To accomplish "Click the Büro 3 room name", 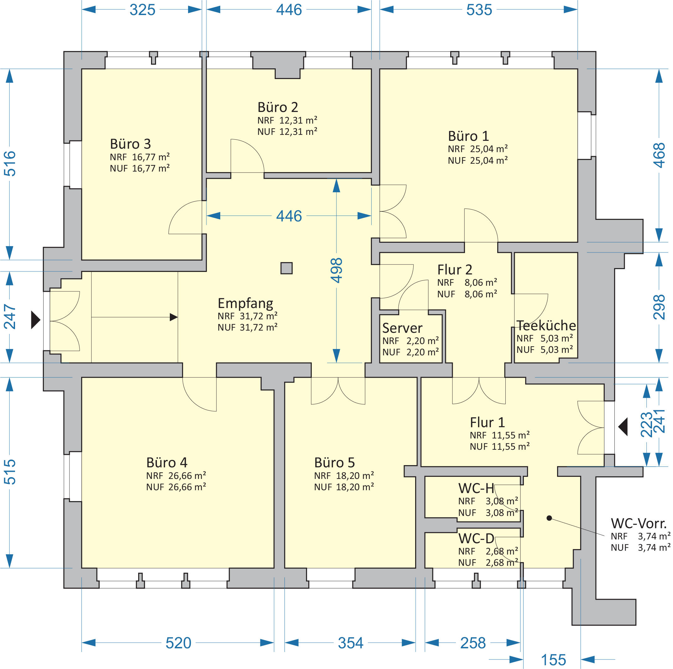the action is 130,144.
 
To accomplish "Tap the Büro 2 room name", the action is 278,107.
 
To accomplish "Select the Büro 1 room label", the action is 468,136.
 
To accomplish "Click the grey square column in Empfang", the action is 286,268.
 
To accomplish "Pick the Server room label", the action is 402,328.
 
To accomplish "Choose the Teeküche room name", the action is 546,325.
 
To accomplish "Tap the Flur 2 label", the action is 455,270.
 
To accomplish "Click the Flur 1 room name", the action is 487,422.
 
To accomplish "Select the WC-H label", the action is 476,488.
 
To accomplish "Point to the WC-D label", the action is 476,539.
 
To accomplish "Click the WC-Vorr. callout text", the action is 639,523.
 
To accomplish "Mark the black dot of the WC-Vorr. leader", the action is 549,518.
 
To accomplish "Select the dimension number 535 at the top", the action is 479,10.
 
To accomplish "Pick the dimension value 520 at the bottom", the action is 178,643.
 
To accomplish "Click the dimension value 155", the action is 554,660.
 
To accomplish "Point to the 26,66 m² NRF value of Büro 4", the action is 187,476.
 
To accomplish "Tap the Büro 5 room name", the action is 334,463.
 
